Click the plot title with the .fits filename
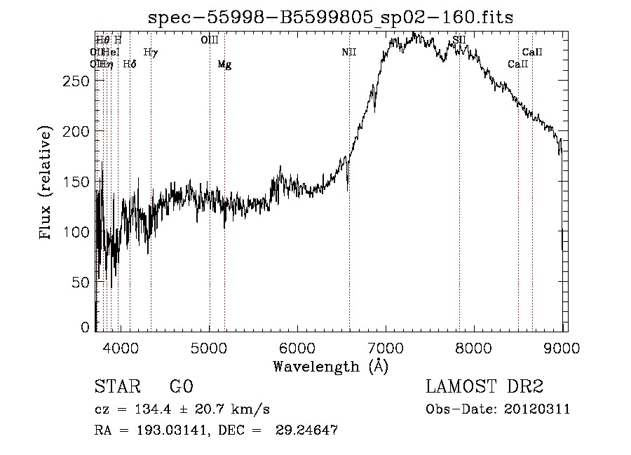330,18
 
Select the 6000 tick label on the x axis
297,347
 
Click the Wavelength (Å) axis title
330,366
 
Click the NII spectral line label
349,52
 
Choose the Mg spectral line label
224,64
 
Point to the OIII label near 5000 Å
209,41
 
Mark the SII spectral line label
459,41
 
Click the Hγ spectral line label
151,52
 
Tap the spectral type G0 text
181,387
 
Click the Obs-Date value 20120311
538,409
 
